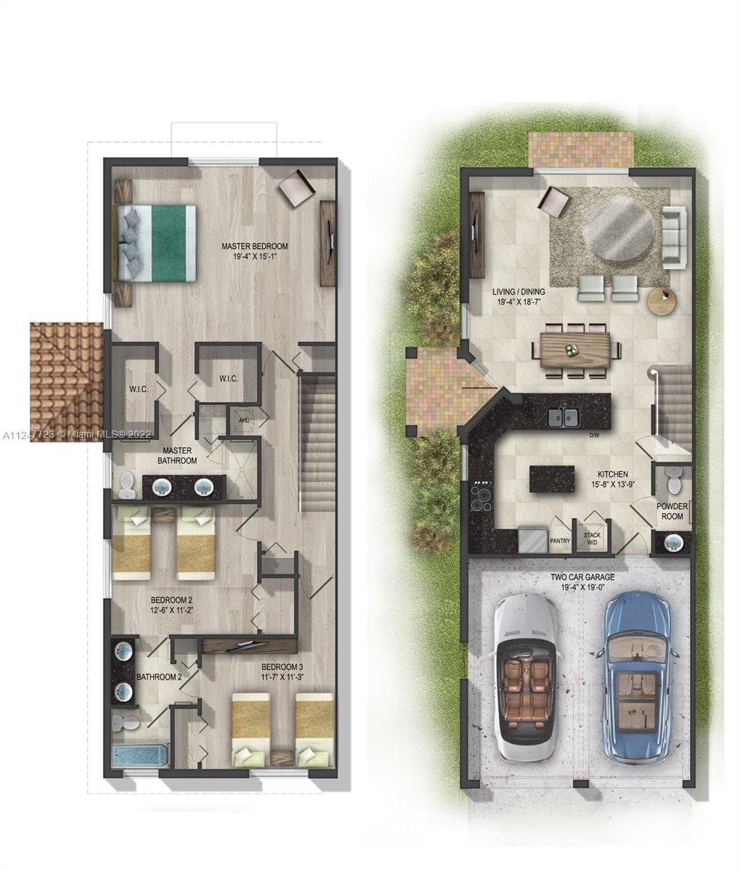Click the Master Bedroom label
255,246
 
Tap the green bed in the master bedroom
155,243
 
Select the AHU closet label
244,420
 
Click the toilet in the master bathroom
127,485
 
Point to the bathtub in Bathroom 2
139,757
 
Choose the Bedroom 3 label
282,667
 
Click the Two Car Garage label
582,577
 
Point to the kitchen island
552,479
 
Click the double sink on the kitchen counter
564,417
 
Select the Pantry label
560,541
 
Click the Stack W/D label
592,539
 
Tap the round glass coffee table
618,229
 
